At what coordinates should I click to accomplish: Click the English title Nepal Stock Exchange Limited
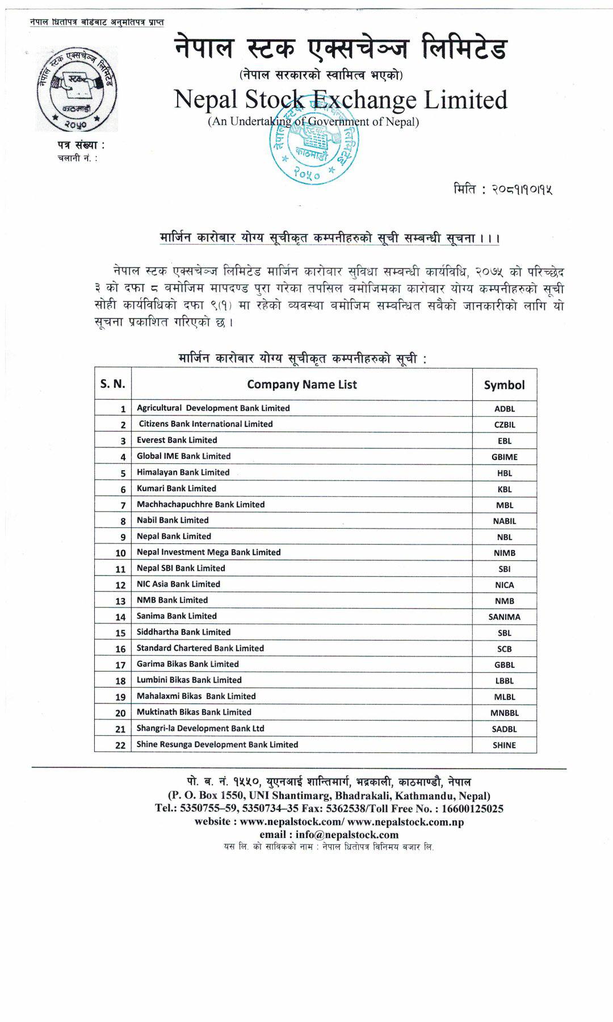click(341, 100)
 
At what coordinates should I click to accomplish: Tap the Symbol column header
click(504, 385)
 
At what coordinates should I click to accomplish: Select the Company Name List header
click(302, 384)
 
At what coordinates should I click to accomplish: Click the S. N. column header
click(113, 384)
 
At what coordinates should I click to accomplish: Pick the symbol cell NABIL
click(504, 521)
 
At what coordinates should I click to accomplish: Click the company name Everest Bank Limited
click(177, 440)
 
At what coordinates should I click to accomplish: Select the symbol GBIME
click(504, 456)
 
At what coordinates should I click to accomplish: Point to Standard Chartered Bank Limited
click(200, 648)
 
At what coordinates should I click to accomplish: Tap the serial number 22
click(120, 745)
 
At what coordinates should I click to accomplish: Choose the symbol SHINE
click(504, 745)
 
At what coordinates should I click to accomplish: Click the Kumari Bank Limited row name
click(176, 488)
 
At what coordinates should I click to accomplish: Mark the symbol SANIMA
click(504, 617)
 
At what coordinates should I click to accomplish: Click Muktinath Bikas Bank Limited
click(194, 712)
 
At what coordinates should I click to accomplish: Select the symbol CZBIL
click(504, 424)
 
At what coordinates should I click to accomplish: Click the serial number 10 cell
click(120, 553)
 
